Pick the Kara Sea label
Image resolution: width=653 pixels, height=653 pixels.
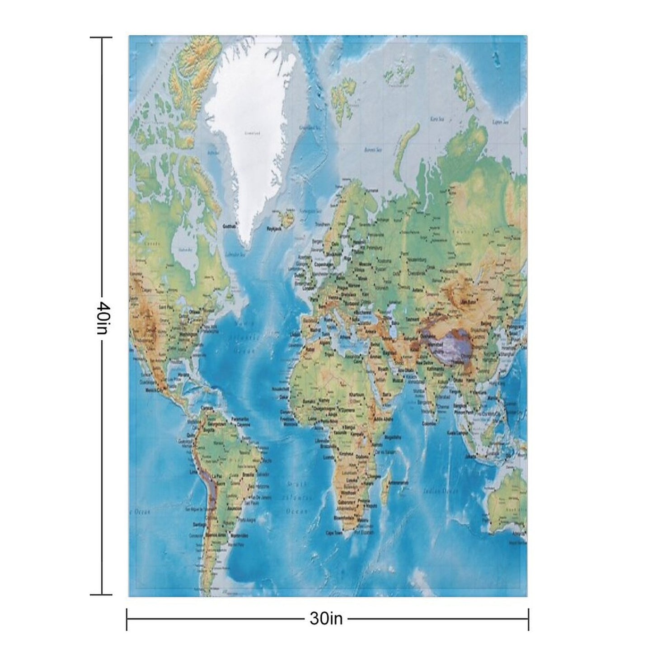[437, 119]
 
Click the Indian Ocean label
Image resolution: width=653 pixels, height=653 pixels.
[441, 491]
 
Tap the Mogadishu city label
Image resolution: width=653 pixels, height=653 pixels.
[391, 437]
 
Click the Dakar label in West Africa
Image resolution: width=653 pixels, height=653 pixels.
[284, 397]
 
